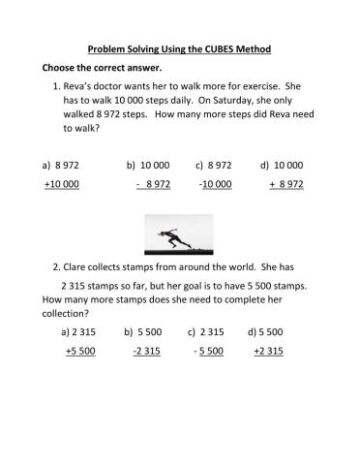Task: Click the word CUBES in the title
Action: coord(221,48)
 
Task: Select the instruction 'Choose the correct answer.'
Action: coord(94,68)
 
